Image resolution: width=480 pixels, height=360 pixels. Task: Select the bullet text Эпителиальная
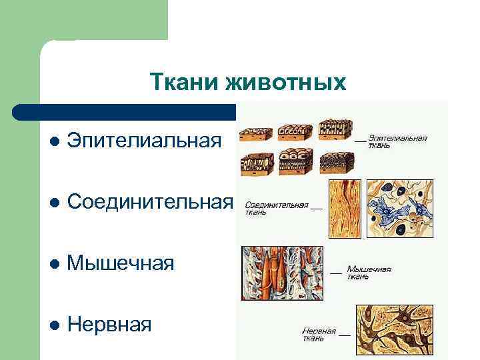pyautogui.click(x=144, y=141)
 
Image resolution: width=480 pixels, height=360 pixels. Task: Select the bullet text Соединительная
pyautogui.click(x=151, y=201)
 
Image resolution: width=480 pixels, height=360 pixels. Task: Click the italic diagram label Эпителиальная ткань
pyautogui.click(x=397, y=141)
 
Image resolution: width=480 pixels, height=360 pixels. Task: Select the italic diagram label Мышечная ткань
pyautogui.click(x=367, y=272)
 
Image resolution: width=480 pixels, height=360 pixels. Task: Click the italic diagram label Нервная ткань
pyautogui.click(x=321, y=334)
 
